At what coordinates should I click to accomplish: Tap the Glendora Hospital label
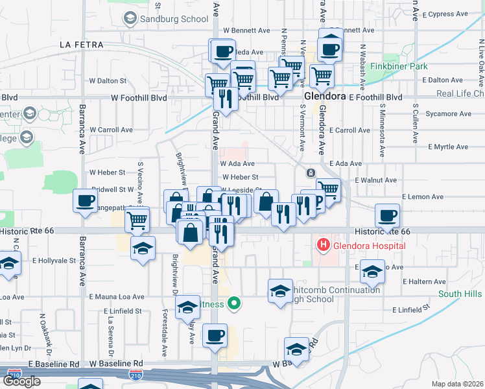(x=369, y=246)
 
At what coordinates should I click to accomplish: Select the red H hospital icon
(x=322, y=245)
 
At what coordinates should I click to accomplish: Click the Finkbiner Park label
(x=399, y=66)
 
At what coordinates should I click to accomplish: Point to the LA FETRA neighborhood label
(x=81, y=45)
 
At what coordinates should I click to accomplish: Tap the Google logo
(x=21, y=381)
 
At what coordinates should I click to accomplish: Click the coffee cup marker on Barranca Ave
(x=86, y=201)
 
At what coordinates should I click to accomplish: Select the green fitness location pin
(x=237, y=303)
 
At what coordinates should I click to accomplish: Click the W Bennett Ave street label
(x=246, y=30)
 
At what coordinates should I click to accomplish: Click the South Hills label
(x=460, y=294)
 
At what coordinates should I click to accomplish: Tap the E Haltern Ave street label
(x=424, y=282)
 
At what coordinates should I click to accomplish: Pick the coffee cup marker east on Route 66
(x=388, y=217)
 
